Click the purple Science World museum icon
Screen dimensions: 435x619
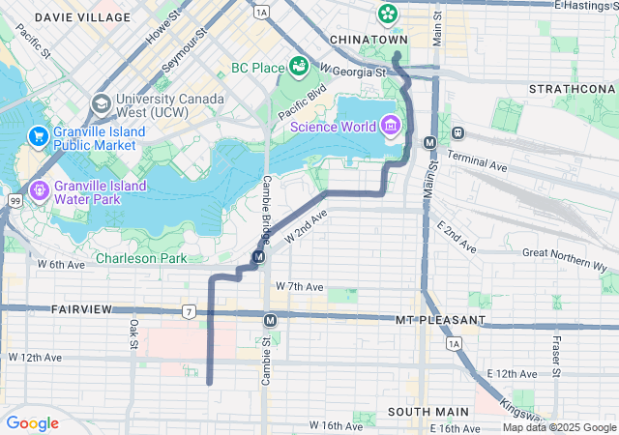tap(390, 125)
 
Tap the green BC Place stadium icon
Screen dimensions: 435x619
tap(299, 66)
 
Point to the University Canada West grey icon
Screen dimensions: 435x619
tap(101, 102)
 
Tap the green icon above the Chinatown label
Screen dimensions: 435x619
tap(388, 14)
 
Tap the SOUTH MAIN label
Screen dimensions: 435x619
tap(422, 412)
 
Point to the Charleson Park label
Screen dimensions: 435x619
tap(141, 258)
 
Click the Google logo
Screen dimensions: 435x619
tap(33, 422)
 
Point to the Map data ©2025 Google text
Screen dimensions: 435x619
tap(559, 427)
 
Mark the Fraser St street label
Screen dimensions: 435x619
tap(557, 356)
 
